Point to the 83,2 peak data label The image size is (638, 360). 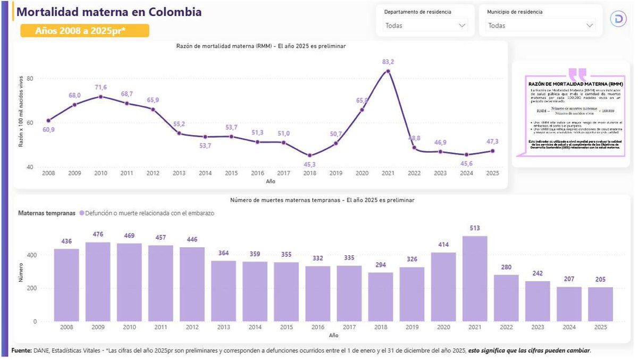tap(388, 62)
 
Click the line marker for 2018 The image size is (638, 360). tap(310, 156)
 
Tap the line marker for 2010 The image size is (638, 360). tap(101, 96)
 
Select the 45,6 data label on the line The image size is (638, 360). tap(466, 164)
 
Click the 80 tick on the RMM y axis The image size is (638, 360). tap(30, 79)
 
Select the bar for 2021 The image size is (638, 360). tap(475, 279)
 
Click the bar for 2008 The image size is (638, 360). tap(66, 285)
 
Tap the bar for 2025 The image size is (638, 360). tap(600, 304)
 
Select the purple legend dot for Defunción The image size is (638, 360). tap(82, 213)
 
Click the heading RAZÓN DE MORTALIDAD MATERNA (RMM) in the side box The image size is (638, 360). tap(575, 85)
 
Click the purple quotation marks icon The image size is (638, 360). tap(577, 73)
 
